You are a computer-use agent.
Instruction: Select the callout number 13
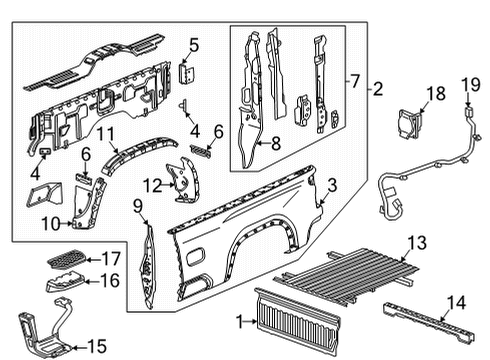point(415,242)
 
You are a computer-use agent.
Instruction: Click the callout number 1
point(238,322)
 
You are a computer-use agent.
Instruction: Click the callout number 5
point(194,44)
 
